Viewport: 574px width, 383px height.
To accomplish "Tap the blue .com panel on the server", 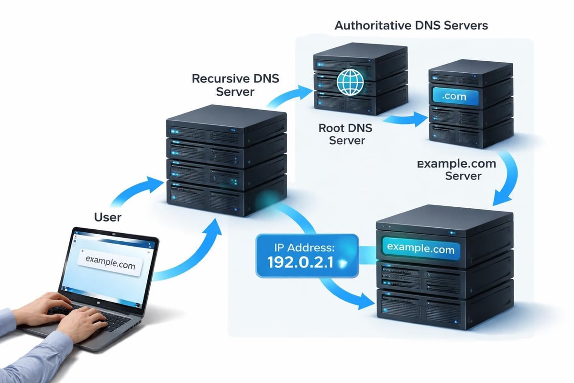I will click(454, 97).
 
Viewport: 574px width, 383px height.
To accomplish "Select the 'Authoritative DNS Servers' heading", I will click(411, 25).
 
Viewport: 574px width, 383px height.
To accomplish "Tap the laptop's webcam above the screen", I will click(114, 233).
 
